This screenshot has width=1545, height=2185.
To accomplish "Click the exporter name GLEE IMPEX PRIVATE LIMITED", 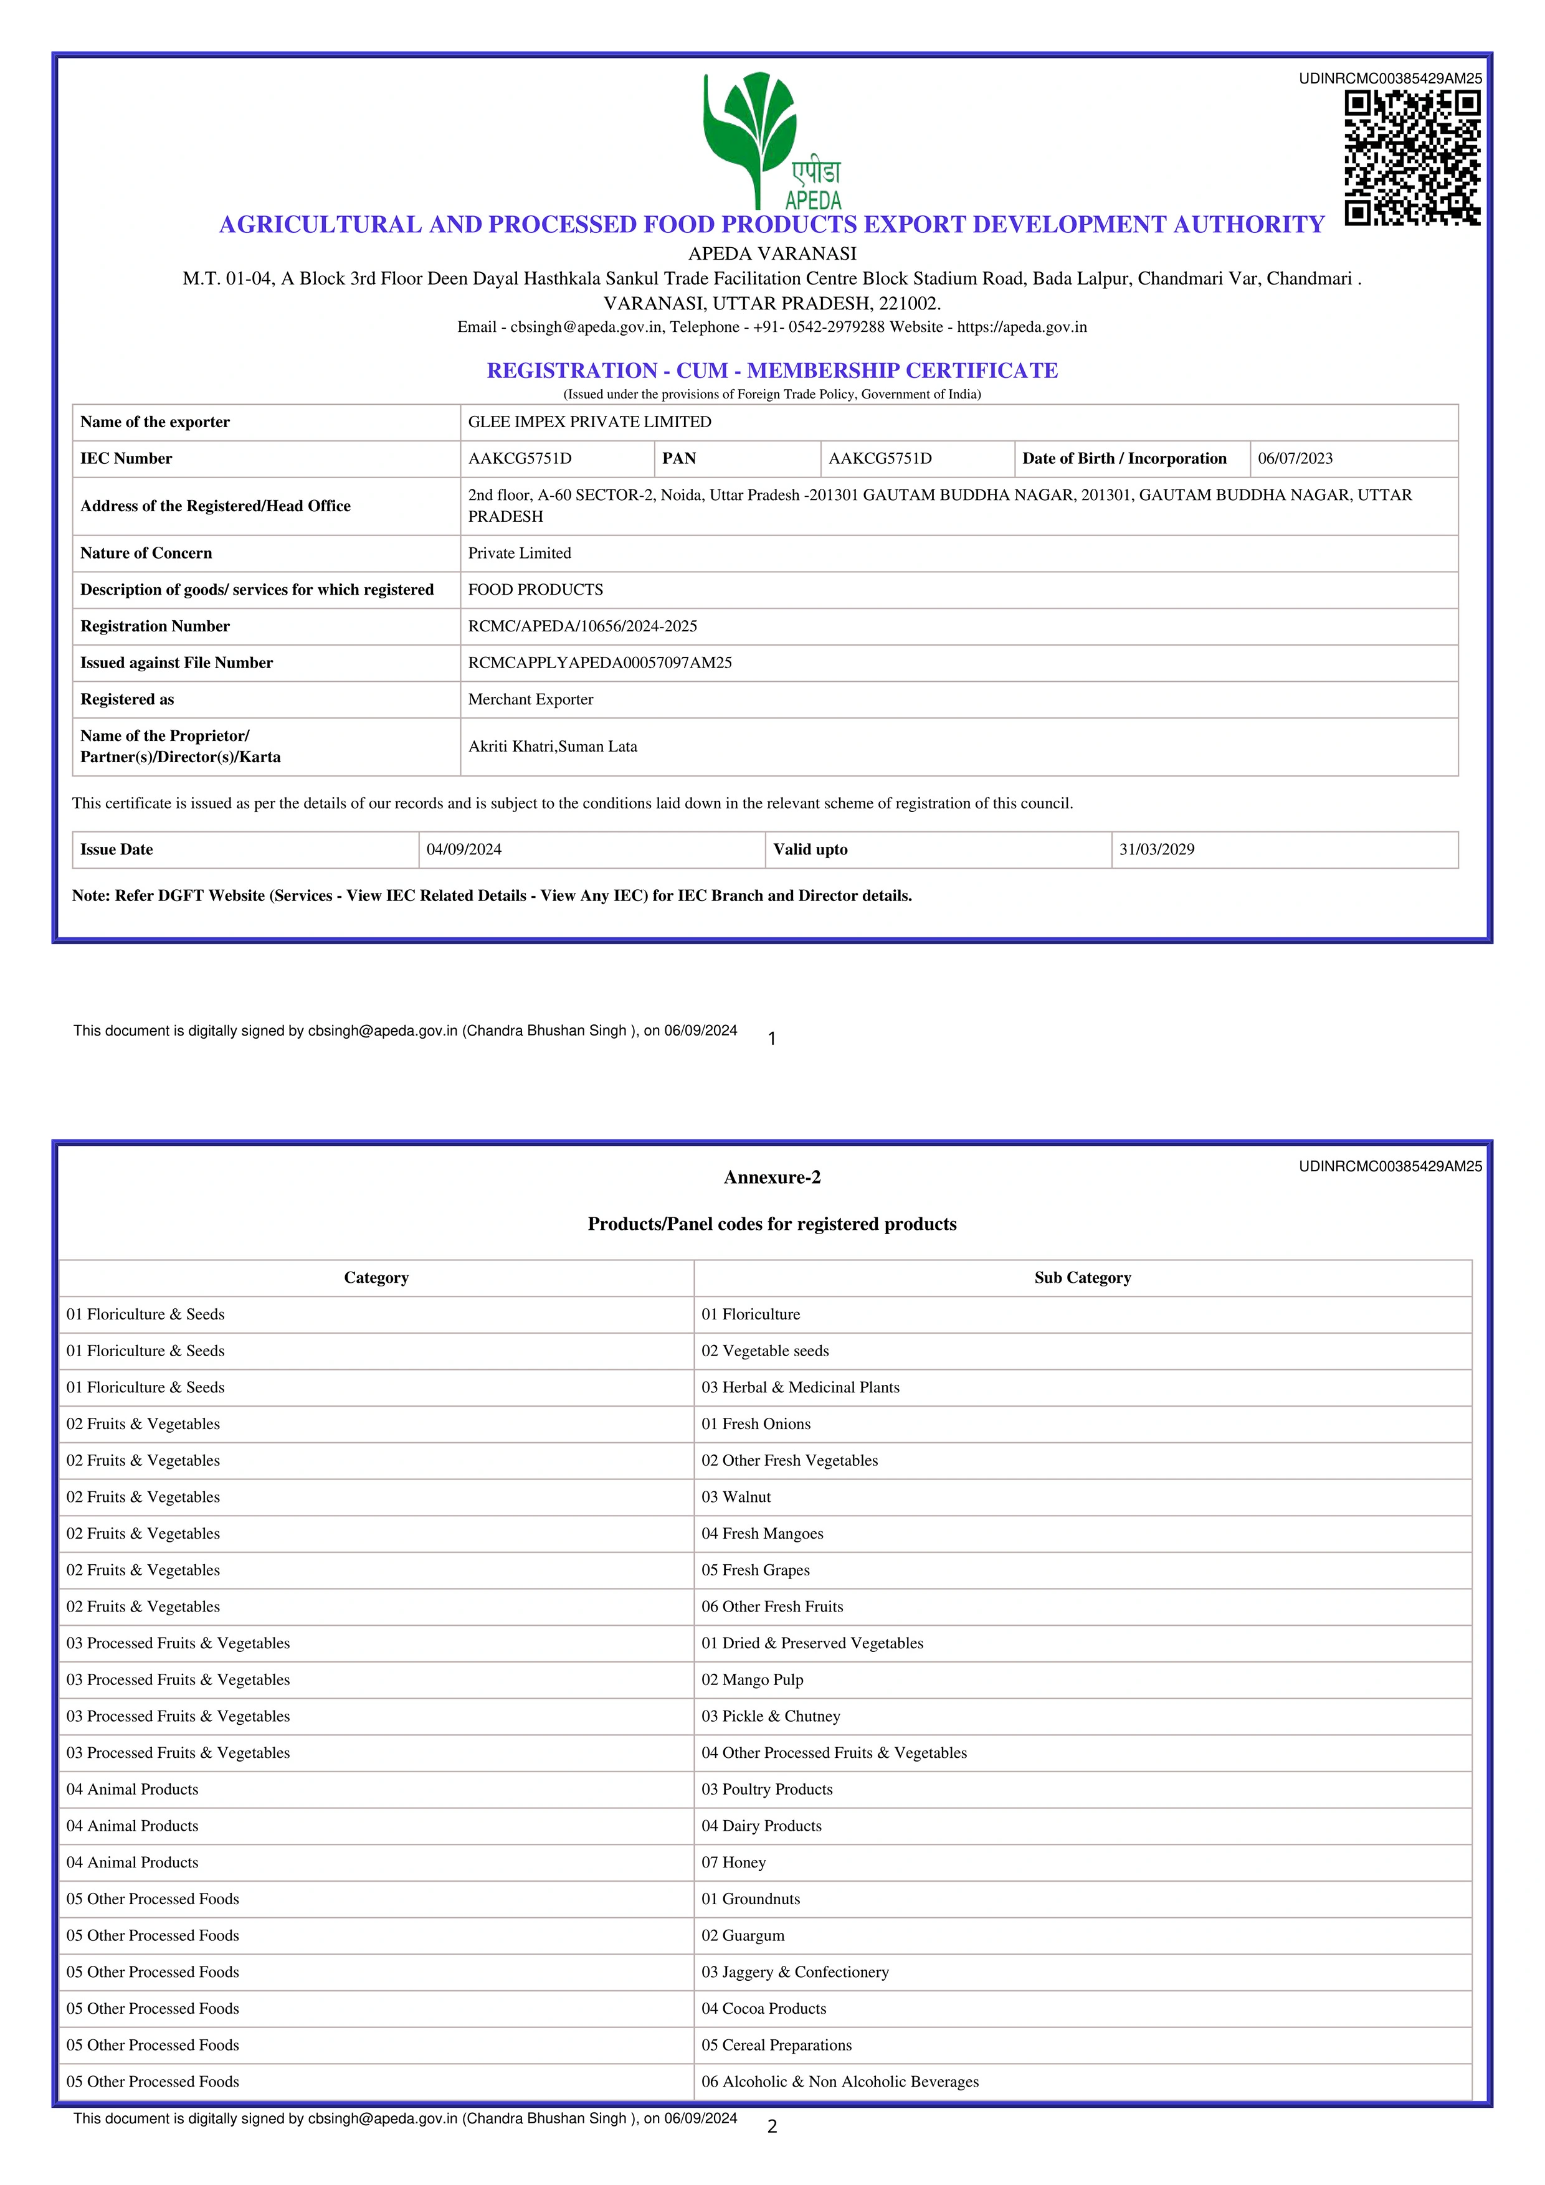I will click(589, 422).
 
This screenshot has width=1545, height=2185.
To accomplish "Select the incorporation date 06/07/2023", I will click(1295, 459).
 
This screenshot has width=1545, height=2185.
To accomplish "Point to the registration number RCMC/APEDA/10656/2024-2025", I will click(582, 626).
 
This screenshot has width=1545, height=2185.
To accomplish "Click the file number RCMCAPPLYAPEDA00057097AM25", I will click(600, 663).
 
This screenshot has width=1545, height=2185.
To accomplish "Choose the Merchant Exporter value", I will click(530, 699).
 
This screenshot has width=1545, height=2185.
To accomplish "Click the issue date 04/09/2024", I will click(463, 850).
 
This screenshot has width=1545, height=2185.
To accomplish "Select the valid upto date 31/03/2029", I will click(1157, 850).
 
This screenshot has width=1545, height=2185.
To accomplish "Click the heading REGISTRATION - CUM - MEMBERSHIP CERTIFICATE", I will click(772, 370).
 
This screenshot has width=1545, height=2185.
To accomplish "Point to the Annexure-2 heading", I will click(772, 1177).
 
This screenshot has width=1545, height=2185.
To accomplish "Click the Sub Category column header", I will click(1082, 1278).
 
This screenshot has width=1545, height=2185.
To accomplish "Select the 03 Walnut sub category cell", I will click(736, 1497).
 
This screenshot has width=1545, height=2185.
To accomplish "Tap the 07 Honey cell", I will click(733, 1862).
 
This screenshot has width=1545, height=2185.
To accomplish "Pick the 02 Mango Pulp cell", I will click(752, 1679).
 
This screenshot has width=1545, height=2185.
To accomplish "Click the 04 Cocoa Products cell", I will click(763, 2009).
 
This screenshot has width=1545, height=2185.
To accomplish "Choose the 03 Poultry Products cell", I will click(766, 1789).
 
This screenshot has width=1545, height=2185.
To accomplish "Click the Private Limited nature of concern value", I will click(519, 553).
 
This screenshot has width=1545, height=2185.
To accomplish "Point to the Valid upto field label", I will click(810, 850).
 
